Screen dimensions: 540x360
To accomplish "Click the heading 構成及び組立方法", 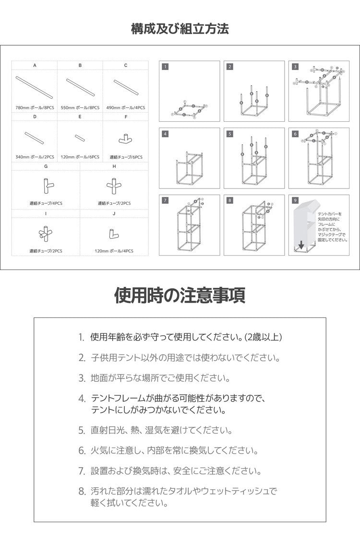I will (180, 29).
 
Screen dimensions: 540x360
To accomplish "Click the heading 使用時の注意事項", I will (180, 295).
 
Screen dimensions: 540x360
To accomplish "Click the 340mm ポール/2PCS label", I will (35, 157).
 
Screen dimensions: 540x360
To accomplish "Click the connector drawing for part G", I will (46, 185).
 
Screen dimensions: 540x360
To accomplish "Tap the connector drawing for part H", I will (114, 185).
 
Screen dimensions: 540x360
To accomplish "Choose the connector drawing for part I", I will (46, 234).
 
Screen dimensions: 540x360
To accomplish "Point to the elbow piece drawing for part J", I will (114, 233).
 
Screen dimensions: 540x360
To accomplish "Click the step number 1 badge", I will (165, 67).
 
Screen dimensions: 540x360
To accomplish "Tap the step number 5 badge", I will (230, 134).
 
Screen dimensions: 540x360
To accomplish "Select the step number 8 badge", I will (230, 200).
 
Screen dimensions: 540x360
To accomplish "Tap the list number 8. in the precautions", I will (82, 492).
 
